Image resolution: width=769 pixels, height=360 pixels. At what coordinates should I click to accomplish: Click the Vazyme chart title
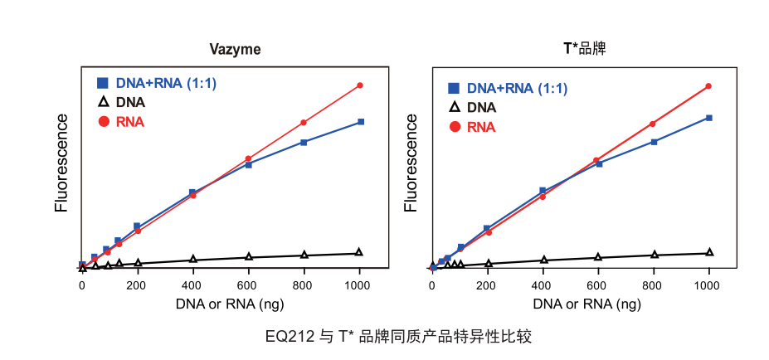click(234, 50)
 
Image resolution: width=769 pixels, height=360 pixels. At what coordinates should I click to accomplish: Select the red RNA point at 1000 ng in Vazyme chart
click(360, 85)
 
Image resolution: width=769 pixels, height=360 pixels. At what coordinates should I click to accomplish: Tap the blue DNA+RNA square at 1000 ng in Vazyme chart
click(360, 122)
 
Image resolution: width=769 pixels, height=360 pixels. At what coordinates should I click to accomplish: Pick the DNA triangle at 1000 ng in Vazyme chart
click(359, 252)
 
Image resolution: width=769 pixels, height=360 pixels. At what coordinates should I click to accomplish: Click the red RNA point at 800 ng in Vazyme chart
click(304, 123)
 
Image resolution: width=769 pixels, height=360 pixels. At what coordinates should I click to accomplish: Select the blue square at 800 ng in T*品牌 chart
click(655, 142)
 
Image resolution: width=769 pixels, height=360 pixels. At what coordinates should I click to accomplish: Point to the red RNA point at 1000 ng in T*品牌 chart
click(709, 86)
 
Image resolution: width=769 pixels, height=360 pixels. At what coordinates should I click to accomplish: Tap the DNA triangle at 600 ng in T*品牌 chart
click(598, 257)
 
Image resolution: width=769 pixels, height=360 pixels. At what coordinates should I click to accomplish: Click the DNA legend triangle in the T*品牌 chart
click(454, 107)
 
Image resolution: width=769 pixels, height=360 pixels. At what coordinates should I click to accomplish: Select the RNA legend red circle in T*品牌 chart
click(454, 127)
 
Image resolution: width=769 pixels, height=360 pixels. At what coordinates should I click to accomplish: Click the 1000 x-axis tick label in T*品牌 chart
click(708, 285)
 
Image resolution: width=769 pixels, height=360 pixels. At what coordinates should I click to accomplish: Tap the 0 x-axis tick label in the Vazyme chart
click(82, 285)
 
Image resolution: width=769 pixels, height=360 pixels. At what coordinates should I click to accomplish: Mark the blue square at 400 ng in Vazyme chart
click(192, 192)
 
